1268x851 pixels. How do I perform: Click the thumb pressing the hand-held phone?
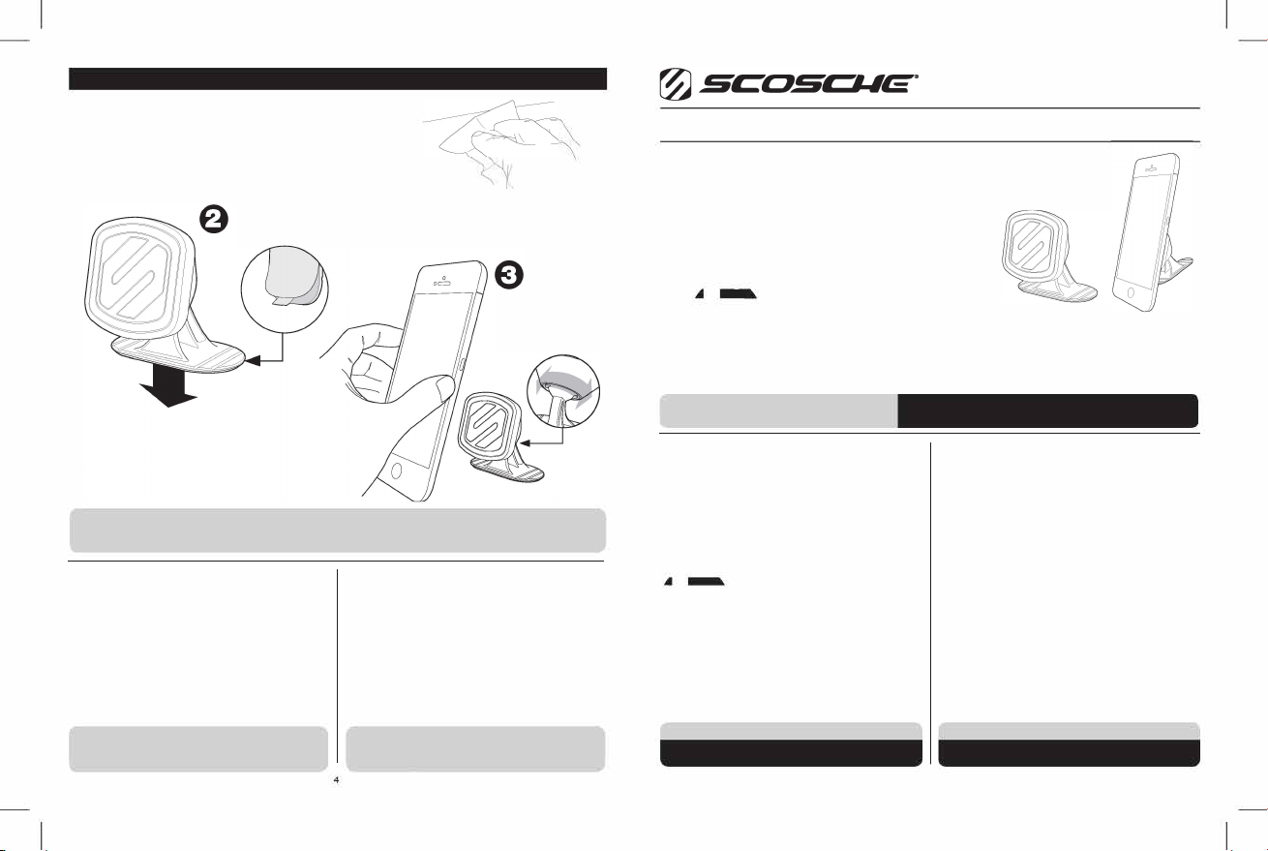tap(442, 389)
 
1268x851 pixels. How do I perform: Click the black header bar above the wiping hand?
tap(337, 78)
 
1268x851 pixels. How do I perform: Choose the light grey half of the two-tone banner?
tap(778, 410)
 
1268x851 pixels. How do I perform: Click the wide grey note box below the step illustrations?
tap(337, 530)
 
